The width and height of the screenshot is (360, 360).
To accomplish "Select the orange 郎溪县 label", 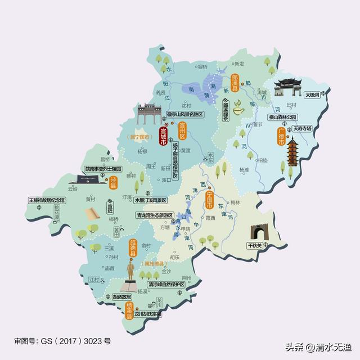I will (235, 82).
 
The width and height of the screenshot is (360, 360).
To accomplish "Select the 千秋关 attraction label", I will (259, 246).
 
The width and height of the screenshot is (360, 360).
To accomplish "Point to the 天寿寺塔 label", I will (302, 129).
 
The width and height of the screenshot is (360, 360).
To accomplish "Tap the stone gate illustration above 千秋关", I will (259, 231).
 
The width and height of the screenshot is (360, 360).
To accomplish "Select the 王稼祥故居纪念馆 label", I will (47, 200).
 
